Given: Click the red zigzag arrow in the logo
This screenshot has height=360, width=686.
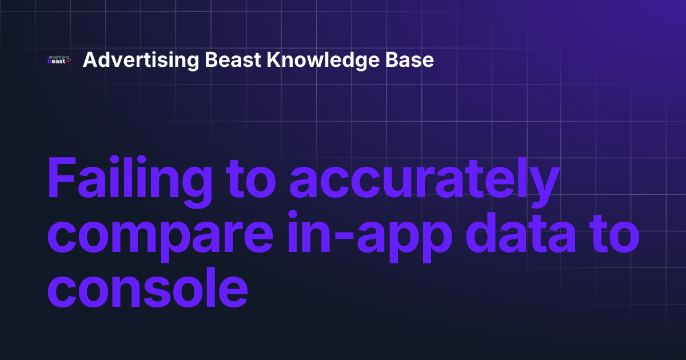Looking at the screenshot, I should pos(67,62).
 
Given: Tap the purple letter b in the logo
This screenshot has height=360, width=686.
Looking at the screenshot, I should pos(50,62).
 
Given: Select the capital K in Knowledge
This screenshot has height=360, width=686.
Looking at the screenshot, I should pos(273,60).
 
